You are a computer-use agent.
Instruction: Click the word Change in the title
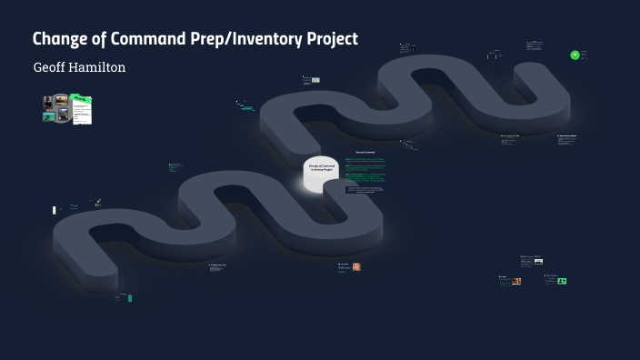tap(61, 39)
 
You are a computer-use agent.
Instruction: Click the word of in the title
tap(99, 39)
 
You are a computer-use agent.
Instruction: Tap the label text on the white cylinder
tap(321, 167)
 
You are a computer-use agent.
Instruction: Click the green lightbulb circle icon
tap(575, 55)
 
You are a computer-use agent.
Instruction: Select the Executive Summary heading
tap(365, 152)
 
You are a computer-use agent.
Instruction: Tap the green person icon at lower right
tap(562, 281)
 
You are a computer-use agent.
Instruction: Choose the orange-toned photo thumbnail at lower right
tap(516, 281)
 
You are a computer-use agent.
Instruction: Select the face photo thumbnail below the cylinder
tap(356, 266)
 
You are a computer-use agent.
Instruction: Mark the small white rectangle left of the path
tap(54, 210)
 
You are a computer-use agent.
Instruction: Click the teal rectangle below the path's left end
tap(131, 297)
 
